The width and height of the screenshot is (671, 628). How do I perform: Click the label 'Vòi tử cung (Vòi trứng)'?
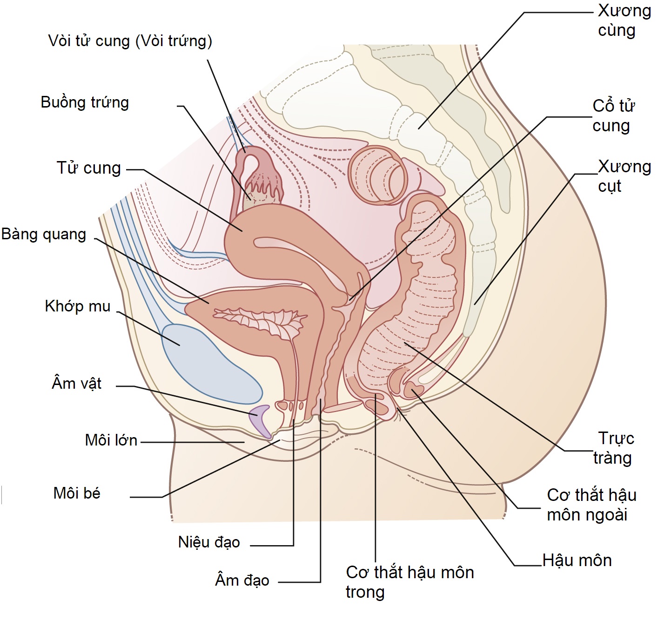coord(130,41)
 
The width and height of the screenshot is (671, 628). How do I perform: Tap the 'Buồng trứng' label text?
coord(85,102)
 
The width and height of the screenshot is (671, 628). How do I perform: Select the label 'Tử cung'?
coord(88,168)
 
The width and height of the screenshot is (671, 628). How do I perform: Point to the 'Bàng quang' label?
coord(44,234)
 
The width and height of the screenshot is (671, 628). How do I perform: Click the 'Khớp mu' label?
coord(77,306)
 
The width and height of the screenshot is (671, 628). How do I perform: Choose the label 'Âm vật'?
coord(76,384)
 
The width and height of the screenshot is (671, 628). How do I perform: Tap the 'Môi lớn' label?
coord(111,440)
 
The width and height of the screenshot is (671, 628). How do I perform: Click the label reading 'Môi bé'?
coord(77,493)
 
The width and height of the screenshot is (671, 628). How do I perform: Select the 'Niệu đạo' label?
coord(209,542)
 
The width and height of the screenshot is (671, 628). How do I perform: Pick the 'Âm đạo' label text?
coord(242,581)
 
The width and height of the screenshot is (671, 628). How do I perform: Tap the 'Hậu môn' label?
coord(577,560)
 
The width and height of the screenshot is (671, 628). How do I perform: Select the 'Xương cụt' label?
coord(624,176)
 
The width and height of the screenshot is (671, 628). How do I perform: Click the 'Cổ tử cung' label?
coord(613,115)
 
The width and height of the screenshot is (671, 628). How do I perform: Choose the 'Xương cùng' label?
coord(624,20)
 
